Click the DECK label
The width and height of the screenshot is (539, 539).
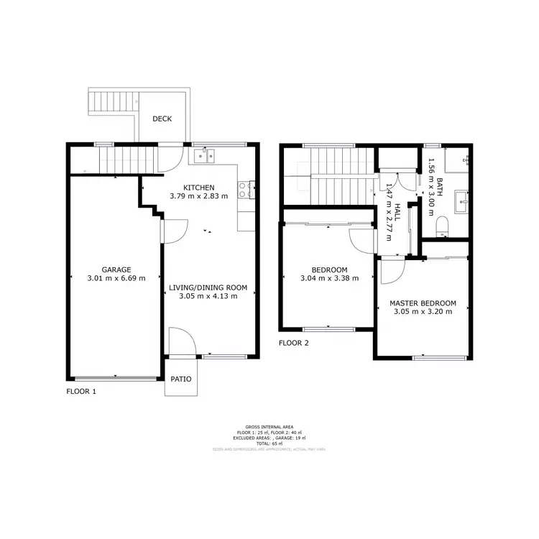(x=162, y=119)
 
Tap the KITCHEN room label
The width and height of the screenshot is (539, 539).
(x=198, y=187)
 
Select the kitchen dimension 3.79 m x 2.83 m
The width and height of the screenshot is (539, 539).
(x=198, y=195)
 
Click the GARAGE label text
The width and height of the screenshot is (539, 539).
(x=115, y=270)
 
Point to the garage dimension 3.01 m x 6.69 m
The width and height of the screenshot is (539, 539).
(x=115, y=279)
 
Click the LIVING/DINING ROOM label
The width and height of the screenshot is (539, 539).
(x=208, y=287)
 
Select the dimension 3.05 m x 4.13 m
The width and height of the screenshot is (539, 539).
(x=208, y=296)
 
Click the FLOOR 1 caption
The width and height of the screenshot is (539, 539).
(x=81, y=392)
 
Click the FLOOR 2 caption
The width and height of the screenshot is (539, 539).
(x=294, y=343)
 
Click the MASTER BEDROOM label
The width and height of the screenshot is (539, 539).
(x=424, y=303)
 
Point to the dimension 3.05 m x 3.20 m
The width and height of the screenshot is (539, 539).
(x=424, y=312)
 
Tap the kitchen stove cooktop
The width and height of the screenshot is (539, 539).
(x=249, y=190)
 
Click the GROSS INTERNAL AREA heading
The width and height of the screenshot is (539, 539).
(x=269, y=426)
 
